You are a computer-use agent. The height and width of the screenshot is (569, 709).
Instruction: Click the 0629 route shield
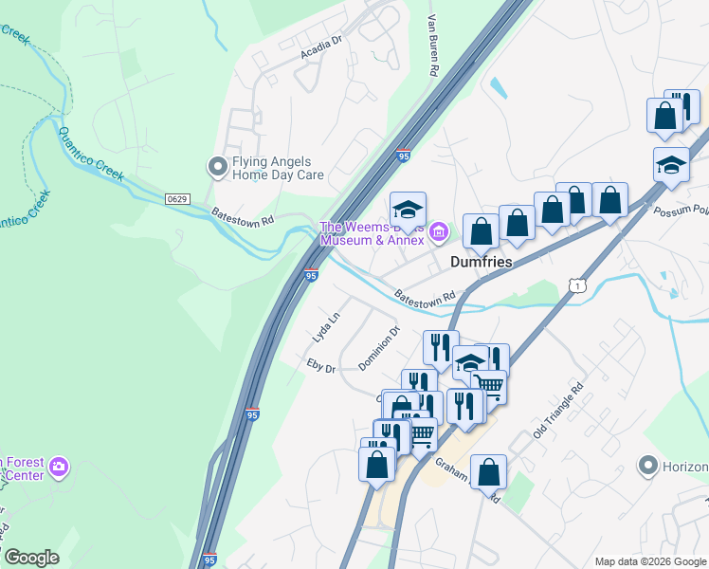(177, 199)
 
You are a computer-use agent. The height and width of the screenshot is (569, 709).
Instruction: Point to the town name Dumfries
(481, 262)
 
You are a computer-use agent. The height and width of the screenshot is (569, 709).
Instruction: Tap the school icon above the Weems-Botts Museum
(409, 210)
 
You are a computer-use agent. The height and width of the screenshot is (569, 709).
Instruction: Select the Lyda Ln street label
(326, 327)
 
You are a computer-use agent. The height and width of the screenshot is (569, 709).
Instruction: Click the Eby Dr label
(321, 364)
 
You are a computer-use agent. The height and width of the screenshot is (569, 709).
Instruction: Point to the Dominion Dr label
(379, 349)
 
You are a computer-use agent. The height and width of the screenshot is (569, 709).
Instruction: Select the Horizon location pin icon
(648, 466)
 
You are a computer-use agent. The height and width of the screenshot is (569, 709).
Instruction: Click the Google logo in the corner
(31, 558)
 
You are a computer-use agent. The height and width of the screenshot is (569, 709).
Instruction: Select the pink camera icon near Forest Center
(59, 466)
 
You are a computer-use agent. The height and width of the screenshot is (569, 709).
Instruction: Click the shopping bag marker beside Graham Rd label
(488, 471)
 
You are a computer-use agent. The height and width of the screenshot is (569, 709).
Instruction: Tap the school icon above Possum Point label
(671, 164)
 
